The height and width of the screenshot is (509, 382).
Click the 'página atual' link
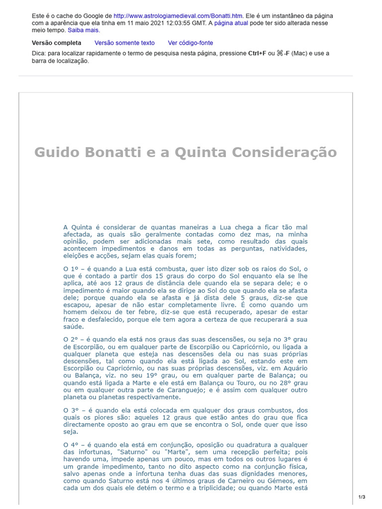(231, 23)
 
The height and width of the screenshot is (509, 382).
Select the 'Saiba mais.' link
(84, 30)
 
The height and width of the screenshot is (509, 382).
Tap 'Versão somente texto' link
(124, 43)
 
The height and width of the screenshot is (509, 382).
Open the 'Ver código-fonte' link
(191, 43)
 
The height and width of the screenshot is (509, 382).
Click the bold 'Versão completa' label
(56, 43)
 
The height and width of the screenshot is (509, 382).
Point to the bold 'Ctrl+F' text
(257, 53)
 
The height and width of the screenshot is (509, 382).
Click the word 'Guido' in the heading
(53, 152)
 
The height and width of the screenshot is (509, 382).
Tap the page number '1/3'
(362, 497)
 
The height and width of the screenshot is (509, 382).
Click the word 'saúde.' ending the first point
(74, 327)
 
